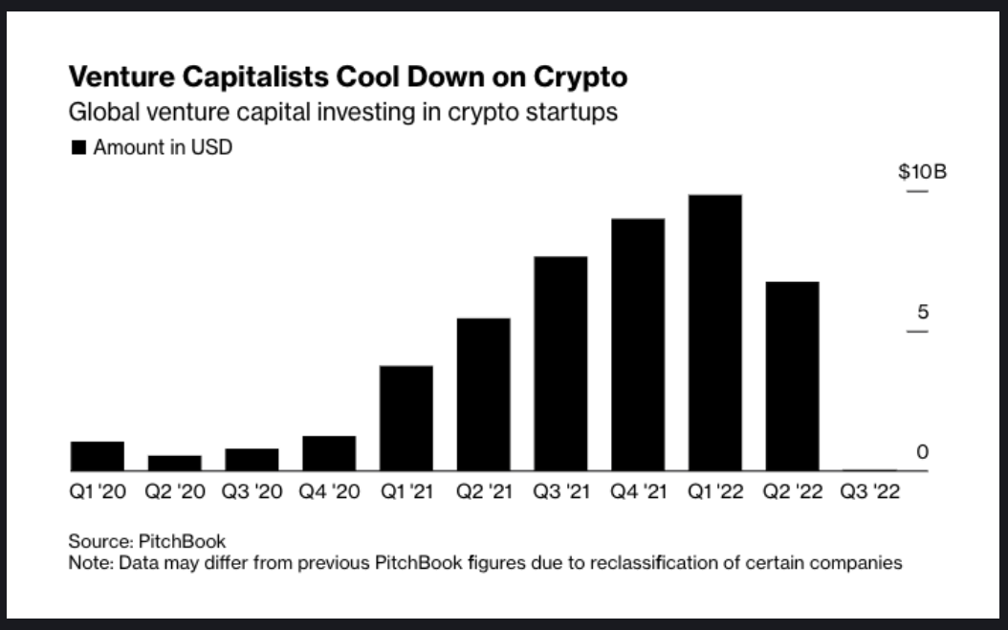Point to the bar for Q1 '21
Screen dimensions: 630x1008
tap(405, 418)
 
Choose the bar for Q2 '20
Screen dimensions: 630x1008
tap(174, 463)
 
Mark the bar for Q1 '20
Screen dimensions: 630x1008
tap(98, 456)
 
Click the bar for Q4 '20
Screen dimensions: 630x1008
tap(328, 453)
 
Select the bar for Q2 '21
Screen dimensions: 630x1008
tap(483, 394)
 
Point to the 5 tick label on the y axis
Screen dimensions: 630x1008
tap(922, 313)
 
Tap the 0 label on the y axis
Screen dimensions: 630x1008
tap(922, 452)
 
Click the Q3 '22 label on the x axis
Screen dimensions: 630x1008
tap(869, 493)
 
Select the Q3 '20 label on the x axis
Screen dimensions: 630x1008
tap(252, 493)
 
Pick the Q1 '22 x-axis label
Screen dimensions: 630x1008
tap(714, 493)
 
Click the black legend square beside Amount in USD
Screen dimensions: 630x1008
tap(78, 148)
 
